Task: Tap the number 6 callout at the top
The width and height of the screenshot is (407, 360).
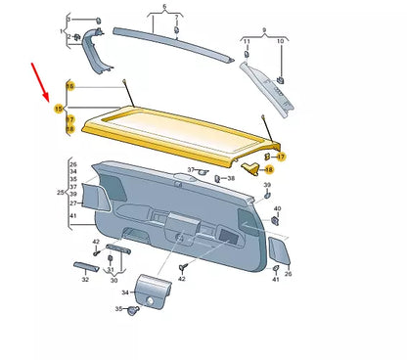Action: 164,7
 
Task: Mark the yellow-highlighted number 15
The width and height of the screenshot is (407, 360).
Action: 58,107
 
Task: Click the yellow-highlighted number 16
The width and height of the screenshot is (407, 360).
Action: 69,86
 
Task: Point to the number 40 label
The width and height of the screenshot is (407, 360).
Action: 277,209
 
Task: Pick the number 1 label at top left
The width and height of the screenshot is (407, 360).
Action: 60,32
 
